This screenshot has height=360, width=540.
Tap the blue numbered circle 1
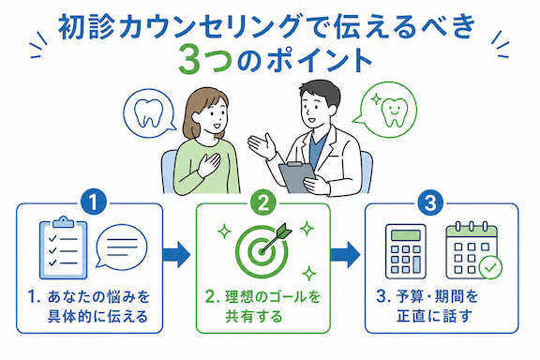(x=94, y=202)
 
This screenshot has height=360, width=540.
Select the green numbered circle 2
(x=263, y=202)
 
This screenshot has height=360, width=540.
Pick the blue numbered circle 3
(x=430, y=202)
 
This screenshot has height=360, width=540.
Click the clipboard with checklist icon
(x=64, y=247)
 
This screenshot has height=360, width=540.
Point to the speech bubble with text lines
(x=121, y=247)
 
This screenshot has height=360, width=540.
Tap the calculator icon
(x=406, y=251)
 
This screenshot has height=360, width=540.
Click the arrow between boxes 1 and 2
(x=176, y=254)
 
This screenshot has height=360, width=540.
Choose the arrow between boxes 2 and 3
(x=345, y=255)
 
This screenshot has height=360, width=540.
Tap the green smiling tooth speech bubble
(x=386, y=109)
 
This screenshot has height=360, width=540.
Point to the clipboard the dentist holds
(x=297, y=177)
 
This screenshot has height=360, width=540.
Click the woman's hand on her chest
(x=209, y=164)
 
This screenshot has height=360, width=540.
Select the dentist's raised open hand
(x=262, y=145)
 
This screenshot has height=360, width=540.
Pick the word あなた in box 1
(x=70, y=297)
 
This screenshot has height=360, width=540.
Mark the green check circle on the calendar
(x=490, y=267)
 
